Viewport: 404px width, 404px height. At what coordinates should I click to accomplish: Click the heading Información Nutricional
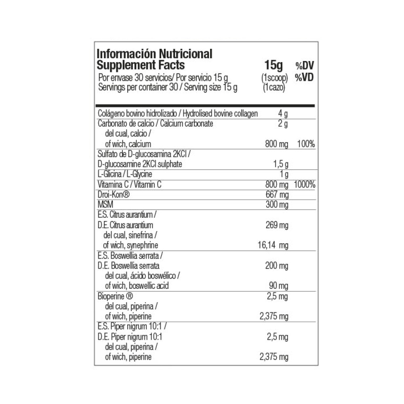(155, 54)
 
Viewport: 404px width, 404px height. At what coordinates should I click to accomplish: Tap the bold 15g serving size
(274, 65)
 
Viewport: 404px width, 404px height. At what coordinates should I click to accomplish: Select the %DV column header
(305, 66)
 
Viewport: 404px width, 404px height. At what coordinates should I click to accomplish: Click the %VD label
(305, 78)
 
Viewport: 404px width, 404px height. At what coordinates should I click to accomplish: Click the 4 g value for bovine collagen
(283, 114)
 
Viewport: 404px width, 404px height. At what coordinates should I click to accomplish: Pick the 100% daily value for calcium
(306, 144)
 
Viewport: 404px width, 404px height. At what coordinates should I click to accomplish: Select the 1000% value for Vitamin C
(305, 185)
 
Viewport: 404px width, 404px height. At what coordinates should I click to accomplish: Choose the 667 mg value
(278, 195)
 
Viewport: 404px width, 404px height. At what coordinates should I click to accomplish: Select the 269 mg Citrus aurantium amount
(277, 225)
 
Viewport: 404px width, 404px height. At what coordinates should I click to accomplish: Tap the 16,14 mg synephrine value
(273, 245)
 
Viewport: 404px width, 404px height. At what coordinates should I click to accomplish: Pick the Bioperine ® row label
(114, 297)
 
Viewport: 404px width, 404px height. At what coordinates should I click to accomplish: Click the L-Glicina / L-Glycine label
(123, 175)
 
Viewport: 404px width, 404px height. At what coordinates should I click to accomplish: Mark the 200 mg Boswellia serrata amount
(277, 266)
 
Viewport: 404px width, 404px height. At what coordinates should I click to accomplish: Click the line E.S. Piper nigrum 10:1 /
(127, 327)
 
